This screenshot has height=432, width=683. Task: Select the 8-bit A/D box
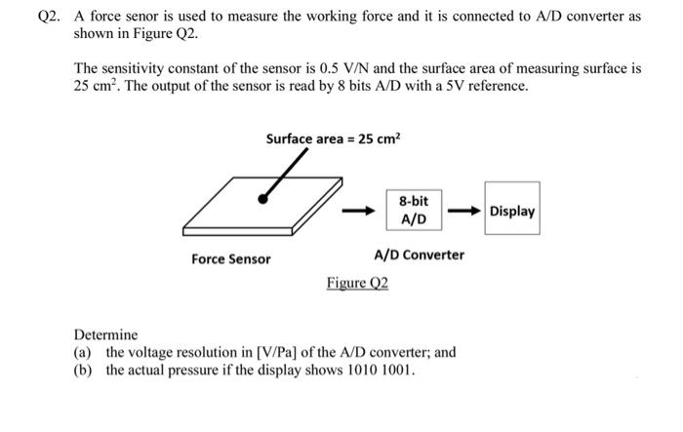coord(413,210)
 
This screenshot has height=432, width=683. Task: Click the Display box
coord(512,211)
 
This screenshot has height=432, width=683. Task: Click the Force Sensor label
coord(231,259)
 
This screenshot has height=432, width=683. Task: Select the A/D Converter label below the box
coord(420,255)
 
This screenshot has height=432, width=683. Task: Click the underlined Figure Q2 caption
coord(357,283)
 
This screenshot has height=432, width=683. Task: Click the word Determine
coord(106,334)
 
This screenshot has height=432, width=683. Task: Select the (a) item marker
coord(84,352)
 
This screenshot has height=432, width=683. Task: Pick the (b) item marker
coord(84,371)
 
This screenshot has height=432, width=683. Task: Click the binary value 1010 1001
coord(384,371)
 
